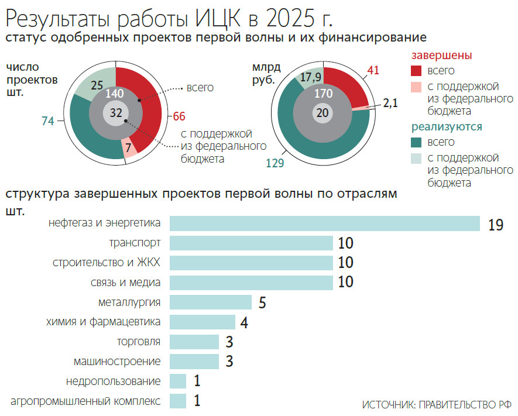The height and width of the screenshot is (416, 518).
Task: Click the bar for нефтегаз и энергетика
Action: click(x=325, y=224)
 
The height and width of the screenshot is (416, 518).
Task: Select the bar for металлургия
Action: click(x=211, y=302)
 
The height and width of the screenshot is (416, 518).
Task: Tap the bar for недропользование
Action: click(x=178, y=381)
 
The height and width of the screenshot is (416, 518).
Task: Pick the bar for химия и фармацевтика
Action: click(x=203, y=322)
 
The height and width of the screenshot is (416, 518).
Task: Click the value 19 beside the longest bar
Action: click(x=495, y=225)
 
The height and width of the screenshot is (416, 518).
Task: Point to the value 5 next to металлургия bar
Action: click(x=262, y=303)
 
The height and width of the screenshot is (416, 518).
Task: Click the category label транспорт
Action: click(x=135, y=242)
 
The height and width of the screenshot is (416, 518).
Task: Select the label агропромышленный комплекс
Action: click(x=85, y=401)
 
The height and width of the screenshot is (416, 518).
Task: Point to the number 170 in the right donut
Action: click(x=323, y=94)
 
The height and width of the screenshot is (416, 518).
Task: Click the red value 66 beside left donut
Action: click(x=179, y=115)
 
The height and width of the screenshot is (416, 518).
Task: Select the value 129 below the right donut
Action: click(x=275, y=164)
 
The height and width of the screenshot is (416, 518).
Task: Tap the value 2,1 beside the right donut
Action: click(x=390, y=104)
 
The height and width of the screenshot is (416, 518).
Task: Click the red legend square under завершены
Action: click(x=416, y=71)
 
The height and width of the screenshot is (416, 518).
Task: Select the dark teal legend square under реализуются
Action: click(x=416, y=142)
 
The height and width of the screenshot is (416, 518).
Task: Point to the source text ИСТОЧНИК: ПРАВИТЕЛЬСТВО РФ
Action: click(x=436, y=405)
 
